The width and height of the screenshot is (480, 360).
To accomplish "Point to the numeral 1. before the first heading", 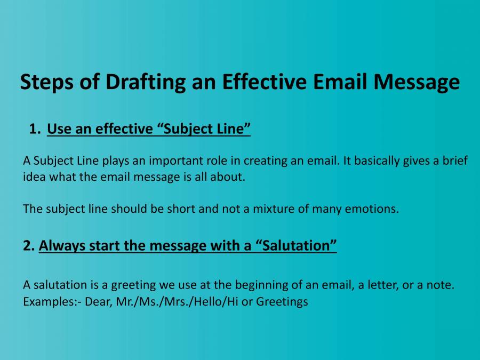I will coord(35,129).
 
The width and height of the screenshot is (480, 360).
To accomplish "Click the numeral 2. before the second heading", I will coord(29,246).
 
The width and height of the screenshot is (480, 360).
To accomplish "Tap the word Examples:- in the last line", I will coord(49,301).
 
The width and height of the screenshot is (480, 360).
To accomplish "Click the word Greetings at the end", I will coord(282,301).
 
